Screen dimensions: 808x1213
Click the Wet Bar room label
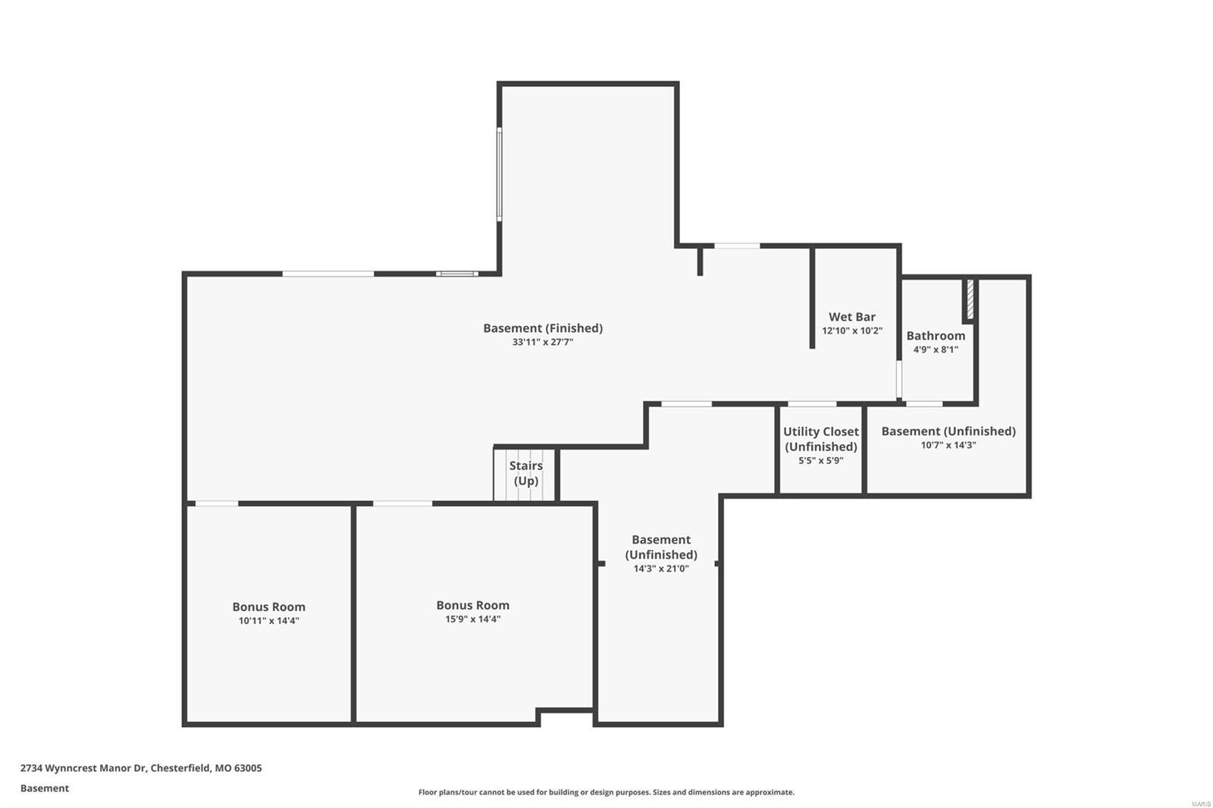pos(851,317)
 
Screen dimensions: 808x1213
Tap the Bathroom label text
pos(936,336)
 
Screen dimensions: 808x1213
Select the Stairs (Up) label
pos(525,473)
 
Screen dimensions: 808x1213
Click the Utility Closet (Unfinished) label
pos(820,439)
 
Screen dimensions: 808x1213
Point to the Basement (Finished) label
pos(543,328)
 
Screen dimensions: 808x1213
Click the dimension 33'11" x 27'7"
pos(542,343)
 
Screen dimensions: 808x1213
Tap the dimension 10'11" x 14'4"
pos(268,621)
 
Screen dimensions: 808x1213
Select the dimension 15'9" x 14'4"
pos(472,619)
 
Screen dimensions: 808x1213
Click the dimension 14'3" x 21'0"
pos(661,568)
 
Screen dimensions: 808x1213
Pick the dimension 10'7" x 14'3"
pos(948,446)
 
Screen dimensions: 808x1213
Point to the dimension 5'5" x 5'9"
pos(820,461)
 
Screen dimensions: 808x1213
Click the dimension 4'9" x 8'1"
pos(936,350)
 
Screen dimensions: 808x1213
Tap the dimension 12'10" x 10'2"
pos(852,331)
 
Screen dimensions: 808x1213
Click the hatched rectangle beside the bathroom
pos(970,300)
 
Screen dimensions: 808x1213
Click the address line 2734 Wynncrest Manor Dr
pos(141,768)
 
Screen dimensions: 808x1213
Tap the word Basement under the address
pos(44,788)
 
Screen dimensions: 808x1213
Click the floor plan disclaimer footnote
pos(606,792)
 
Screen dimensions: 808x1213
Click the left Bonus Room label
pos(268,606)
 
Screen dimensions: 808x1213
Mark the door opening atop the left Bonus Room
pos(216,503)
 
